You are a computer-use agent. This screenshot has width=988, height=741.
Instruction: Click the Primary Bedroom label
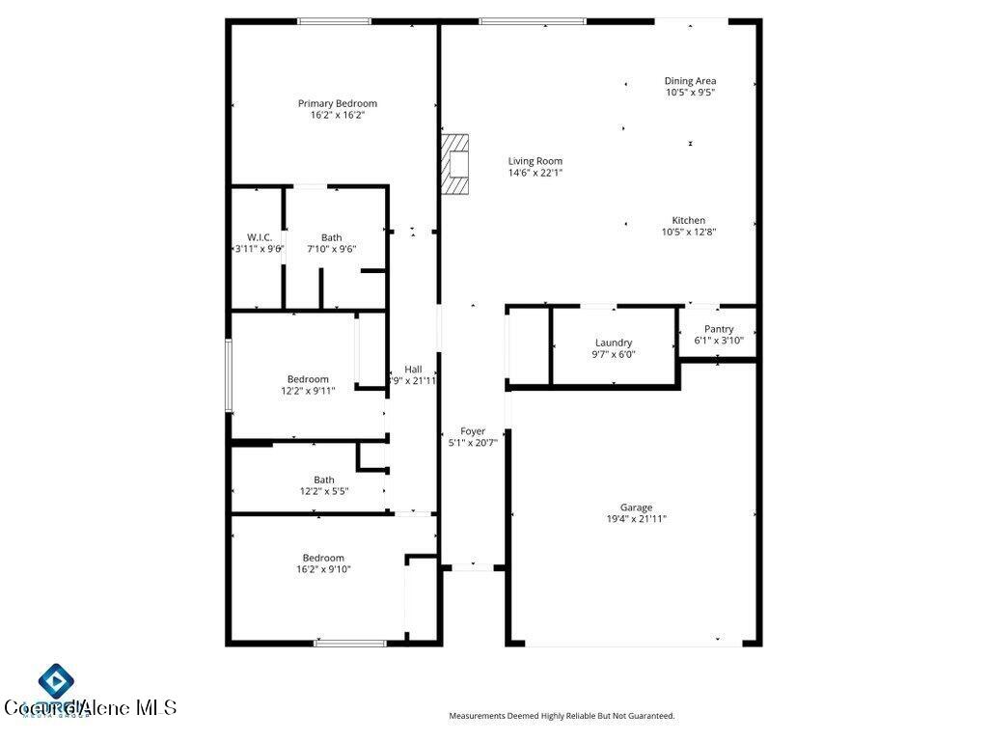tap(337, 103)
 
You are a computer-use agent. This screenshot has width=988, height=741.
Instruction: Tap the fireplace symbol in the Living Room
tap(456, 164)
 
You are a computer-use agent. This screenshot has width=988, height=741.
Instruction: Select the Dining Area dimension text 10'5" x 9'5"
tap(690, 93)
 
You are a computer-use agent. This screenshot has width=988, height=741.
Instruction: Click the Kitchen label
tap(689, 220)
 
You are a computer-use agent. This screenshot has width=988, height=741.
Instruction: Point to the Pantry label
tap(719, 329)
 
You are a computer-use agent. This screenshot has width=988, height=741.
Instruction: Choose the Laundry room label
tap(614, 343)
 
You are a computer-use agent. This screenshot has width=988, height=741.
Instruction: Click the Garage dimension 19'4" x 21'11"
tap(636, 519)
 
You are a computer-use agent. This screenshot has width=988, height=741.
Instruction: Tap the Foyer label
tap(473, 431)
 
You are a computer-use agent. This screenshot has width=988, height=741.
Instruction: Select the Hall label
tap(413, 369)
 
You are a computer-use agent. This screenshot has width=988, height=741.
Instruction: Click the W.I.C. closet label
tap(259, 237)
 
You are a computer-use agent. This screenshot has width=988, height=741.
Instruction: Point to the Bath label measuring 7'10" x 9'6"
tap(331, 237)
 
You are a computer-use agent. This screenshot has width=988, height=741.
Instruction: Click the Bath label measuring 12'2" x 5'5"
tap(324, 480)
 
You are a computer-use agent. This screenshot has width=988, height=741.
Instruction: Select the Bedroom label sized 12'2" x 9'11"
tap(308, 379)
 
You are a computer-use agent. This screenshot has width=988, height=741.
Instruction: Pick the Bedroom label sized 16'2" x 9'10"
tap(323, 558)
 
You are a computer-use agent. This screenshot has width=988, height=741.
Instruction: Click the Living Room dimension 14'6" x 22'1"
tap(535, 173)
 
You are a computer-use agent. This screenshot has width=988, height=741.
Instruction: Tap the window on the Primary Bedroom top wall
tap(334, 20)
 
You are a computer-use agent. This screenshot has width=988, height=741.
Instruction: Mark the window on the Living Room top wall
tap(533, 20)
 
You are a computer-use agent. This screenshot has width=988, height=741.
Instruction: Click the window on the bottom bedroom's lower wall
tap(351, 643)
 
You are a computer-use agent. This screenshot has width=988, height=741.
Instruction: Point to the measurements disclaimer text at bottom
tap(562, 716)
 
